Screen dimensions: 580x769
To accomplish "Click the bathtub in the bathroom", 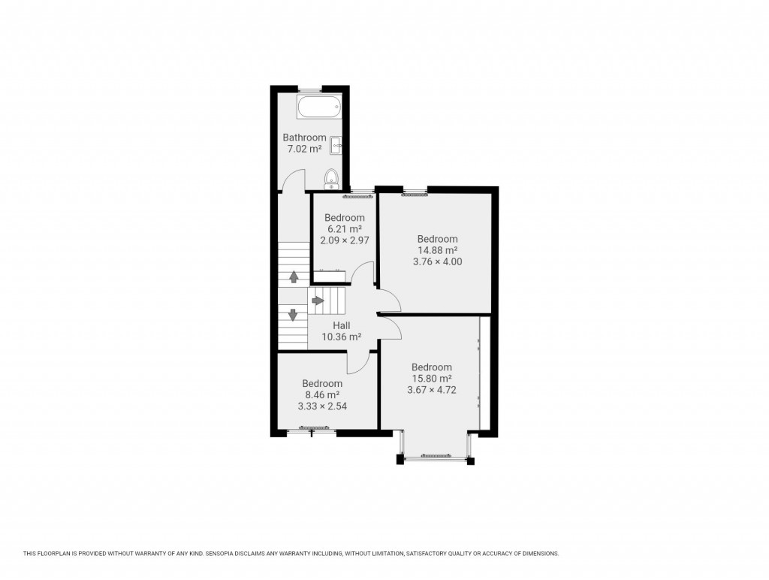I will [x=320, y=107].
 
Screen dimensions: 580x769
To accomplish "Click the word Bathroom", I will [x=304, y=137].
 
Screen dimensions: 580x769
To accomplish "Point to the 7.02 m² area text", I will [x=304, y=149].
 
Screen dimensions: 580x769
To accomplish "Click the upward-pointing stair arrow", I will [x=294, y=276].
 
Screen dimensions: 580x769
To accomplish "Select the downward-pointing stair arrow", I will [x=293, y=315].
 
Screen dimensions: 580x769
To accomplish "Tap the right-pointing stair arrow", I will [x=318, y=301].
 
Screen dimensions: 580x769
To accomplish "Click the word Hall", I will [x=342, y=325].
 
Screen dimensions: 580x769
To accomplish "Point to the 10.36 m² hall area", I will [x=342, y=337].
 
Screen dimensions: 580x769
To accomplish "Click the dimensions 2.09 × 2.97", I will [x=344, y=240].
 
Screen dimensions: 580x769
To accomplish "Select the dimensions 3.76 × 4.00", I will [x=437, y=261].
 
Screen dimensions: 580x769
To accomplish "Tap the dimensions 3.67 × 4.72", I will [x=432, y=390].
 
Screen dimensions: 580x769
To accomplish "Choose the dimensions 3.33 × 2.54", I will [x=322, y=406].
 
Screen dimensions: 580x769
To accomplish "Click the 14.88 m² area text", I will [x=437, y=250].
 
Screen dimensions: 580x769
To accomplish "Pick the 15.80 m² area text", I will [x=432, y=379].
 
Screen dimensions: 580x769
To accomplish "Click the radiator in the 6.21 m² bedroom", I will [x=357, y=196].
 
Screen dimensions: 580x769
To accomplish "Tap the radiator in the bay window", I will [x=436, y=455].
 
